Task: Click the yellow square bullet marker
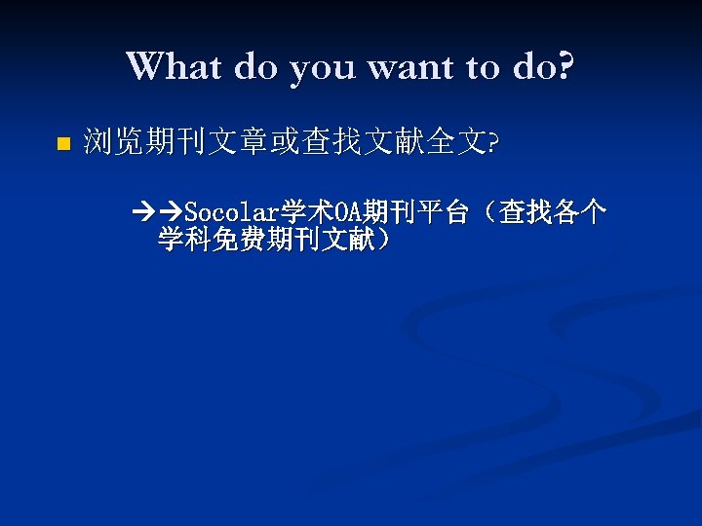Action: click(61, 145)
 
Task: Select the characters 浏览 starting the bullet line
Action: click(113, 143)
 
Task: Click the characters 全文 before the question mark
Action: click(463, 143)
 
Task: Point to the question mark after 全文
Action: click(493, 144)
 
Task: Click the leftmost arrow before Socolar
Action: click(147, 211)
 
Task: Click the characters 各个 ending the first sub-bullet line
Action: click(581, 211)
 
